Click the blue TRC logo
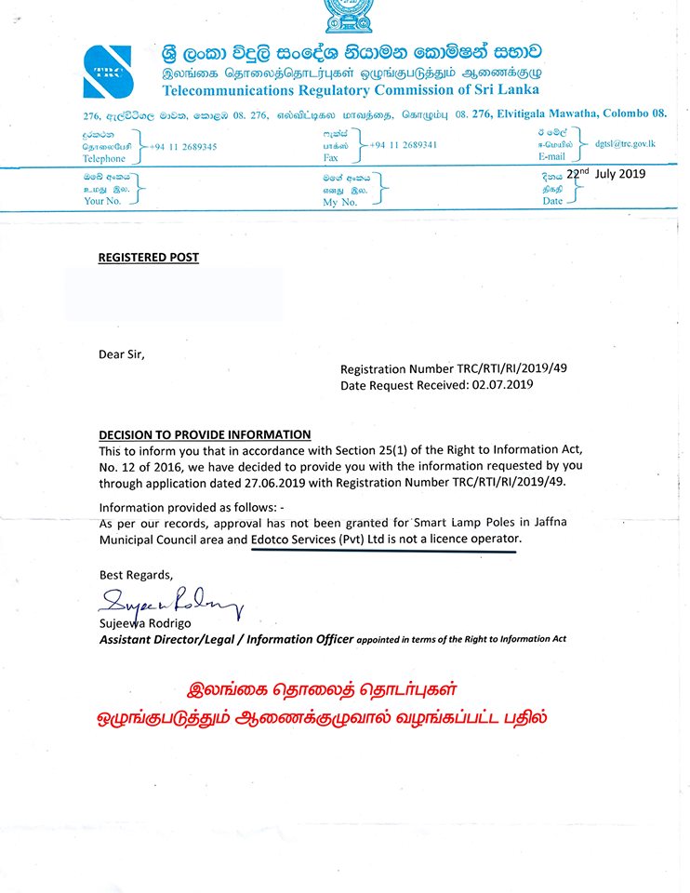coord(108,72)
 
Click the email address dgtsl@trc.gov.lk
coord(626,143)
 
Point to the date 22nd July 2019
coord(605,174)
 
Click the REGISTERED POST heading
coord(149,258)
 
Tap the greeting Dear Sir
coord(122,353)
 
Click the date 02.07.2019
coord(502,384)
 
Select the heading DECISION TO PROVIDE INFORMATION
coord(205,434)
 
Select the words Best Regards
coord(136,574)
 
